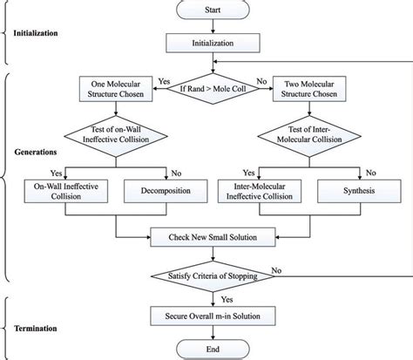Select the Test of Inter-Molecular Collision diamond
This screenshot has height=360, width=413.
coord(301,137)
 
